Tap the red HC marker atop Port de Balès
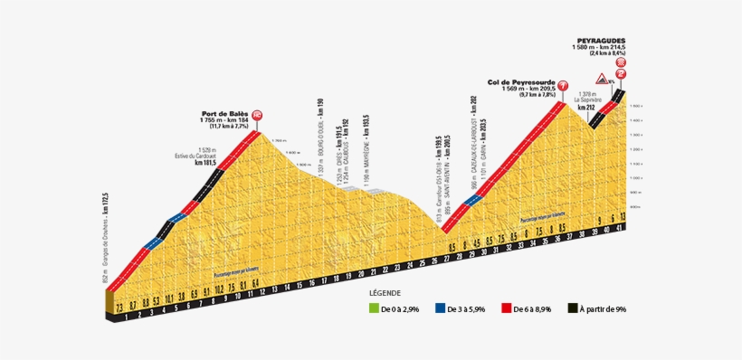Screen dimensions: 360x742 [x=258, y=115]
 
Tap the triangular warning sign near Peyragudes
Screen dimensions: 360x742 [x=599, y=79]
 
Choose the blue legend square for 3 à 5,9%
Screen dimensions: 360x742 [x=440, y=309]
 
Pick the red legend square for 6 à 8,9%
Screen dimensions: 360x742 [x=508, y=309]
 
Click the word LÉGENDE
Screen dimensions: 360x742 [x=386, y=294]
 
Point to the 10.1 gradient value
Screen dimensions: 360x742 [x=169, y=296]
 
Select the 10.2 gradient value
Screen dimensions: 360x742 [x=219, y=291]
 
